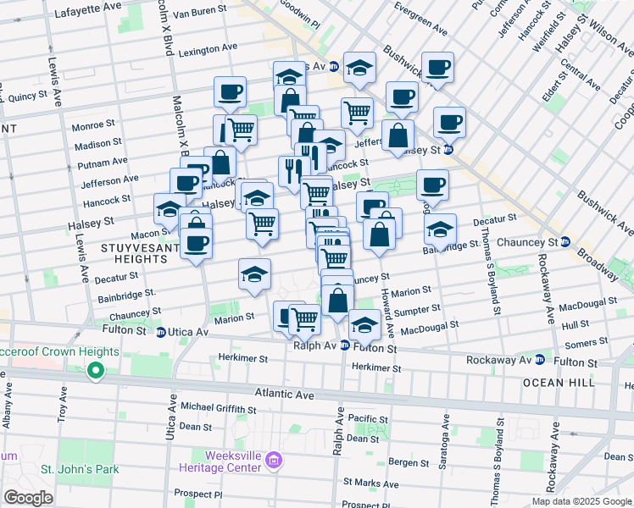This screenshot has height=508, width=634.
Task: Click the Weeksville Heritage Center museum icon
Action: click(x=273, y=461)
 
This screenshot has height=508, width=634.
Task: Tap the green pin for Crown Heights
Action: click(x=96, y=370)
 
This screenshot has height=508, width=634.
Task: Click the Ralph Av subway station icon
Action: click(x=345, y=345)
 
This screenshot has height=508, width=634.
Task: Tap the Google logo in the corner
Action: click(x=28, y=497)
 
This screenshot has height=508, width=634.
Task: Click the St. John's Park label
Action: click(x=79, y=468)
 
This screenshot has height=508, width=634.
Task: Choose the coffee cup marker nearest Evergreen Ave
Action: click(x=437, y=68)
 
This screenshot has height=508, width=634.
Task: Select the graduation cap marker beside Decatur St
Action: click(x=440, y=229)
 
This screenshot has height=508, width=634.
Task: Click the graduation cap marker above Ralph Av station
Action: click(x=364, y=324)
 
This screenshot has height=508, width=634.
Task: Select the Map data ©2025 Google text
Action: click(x=581, y=501)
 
